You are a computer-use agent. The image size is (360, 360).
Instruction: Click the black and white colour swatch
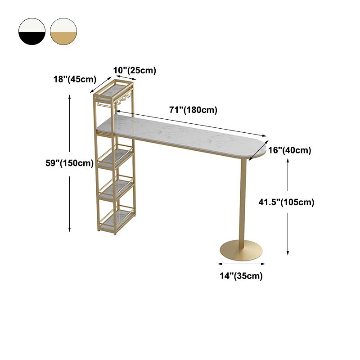[x=32, y=31]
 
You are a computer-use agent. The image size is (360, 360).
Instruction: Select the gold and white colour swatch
[x=63, y=31]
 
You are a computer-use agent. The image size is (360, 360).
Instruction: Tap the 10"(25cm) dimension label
[x=135, y=71]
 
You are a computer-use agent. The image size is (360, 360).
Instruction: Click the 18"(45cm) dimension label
[x=75, y=80]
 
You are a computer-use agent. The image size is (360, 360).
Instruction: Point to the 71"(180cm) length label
[x=193, y=110]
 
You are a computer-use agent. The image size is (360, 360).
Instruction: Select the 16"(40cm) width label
[x=290, y=150]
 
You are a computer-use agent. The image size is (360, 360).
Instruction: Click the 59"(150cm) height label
[x=70, y=163]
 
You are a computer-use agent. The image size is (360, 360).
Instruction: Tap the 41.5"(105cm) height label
[x=286, y=202]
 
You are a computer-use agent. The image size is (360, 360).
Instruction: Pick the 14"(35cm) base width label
[x=241, y=276]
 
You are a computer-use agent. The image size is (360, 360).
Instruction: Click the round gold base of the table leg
[x=241, y=251]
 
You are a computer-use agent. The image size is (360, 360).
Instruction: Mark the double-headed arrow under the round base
[x=241, y=264]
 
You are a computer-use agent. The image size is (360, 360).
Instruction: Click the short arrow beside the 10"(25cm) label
[x=126, y=77]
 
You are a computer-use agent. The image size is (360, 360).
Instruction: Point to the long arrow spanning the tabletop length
[x=191, y=124]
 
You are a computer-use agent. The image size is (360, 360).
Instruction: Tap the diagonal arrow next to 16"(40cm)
[x=258, y=151]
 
